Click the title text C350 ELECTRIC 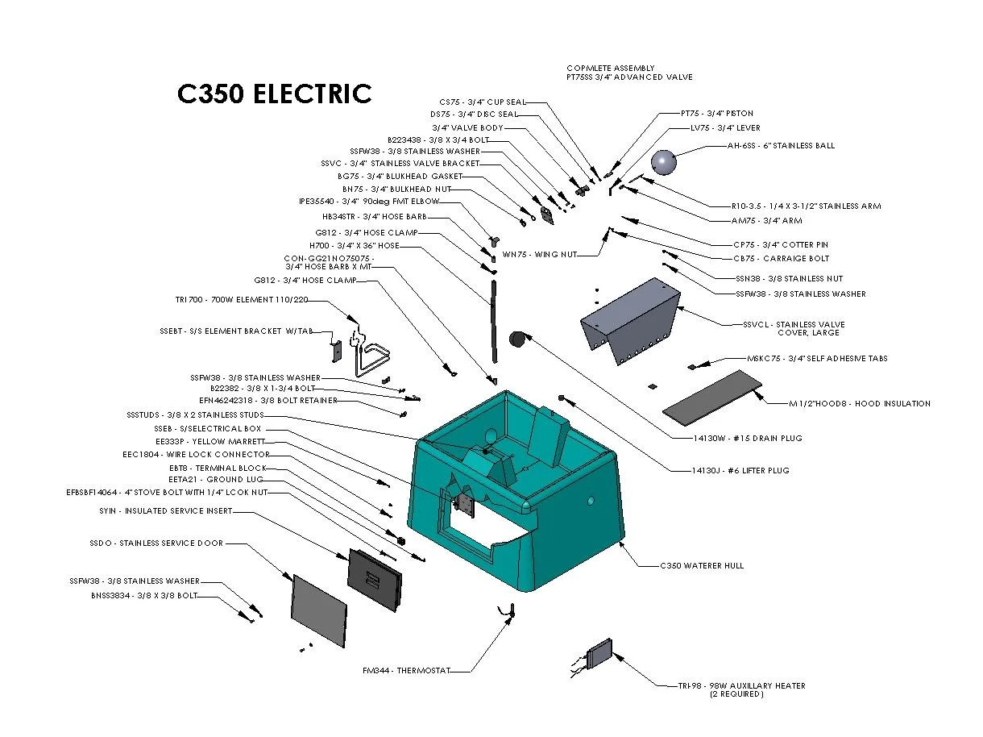(274, 94)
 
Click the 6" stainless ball (663, 161)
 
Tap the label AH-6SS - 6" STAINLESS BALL (781, 146)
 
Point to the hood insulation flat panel (712, 394)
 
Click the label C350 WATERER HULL (701, 566)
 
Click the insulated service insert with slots (374, 579)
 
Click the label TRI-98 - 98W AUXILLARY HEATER (740, 686)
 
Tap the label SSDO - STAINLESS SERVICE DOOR (156, 543)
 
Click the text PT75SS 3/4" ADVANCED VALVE (628, 77)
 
